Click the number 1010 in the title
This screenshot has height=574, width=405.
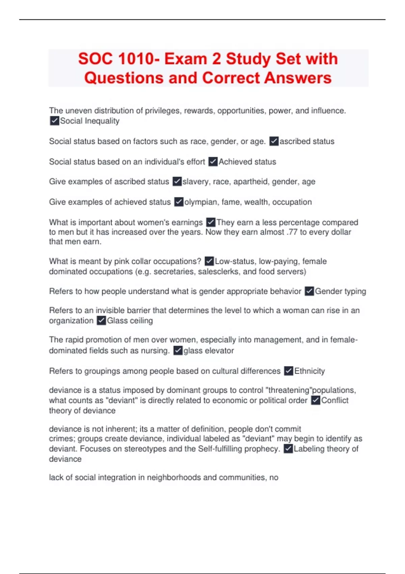tap(136, 59)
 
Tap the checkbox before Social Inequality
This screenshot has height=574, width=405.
tap(54, 121)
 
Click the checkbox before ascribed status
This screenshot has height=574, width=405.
tap(274, 141)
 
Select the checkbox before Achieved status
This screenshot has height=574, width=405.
tap(213, 162)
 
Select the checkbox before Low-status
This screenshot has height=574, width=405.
tap(209, 261)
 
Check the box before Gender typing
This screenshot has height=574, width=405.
tap(309, 291)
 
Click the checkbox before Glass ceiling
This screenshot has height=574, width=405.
tap(101, 320)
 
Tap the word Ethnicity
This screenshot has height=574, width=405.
tap(309, 371)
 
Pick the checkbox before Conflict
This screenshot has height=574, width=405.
tap(316, 400)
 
